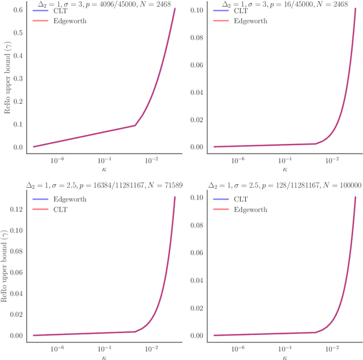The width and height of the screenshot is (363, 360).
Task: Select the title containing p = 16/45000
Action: pos(283,4)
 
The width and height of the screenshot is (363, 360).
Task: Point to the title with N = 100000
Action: pos(283,185)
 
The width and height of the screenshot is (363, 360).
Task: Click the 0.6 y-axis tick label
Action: pos(18,10)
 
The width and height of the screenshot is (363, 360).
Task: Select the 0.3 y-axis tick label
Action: pos(18,79)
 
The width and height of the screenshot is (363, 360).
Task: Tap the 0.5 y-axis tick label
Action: pos(18,33)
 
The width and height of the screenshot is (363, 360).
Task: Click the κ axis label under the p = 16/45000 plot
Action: pos(284,168)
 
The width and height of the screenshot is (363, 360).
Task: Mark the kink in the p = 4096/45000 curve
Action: pos(135,125)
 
